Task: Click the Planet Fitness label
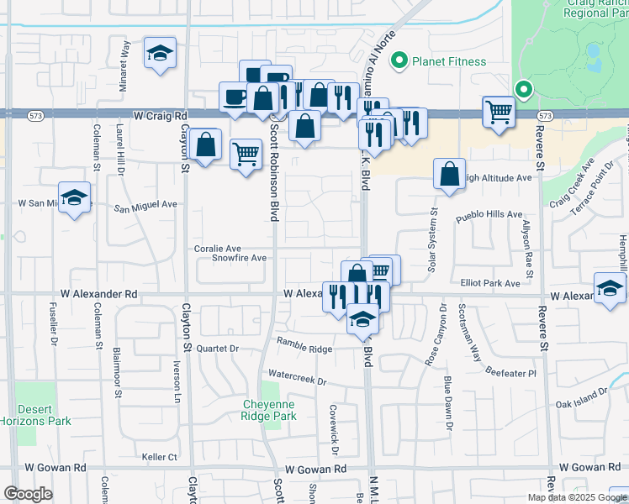(448, 61)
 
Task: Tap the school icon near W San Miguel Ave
(75, 198)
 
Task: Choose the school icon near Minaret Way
(159, 53)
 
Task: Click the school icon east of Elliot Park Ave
(609, 288)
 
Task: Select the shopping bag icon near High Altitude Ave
(450, 174)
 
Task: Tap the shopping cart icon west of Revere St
(499, 112)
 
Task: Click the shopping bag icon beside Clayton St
(205, 144)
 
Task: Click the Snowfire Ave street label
(239, 258)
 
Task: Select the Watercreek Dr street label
(296, 376)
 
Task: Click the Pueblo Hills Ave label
(489, 215)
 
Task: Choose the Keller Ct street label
(160, 457)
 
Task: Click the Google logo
(29, 494)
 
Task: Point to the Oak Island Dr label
(582, 399)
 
